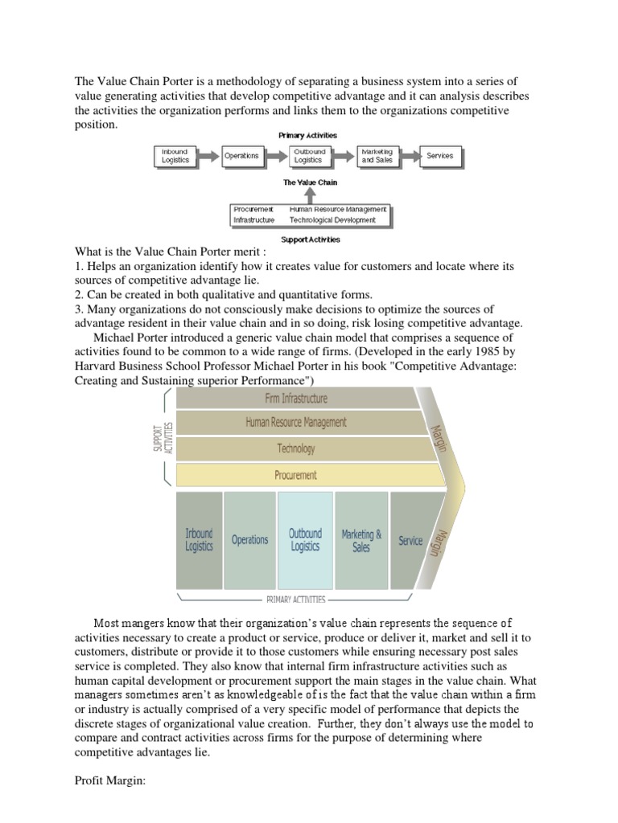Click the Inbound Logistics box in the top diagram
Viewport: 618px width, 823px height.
point(175,156)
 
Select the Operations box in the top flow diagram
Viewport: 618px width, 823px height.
point(241,156)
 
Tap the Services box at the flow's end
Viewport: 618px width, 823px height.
point(439,156)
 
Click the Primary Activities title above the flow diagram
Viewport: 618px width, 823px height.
point(307,136)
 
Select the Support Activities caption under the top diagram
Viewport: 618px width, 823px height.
point(310,239)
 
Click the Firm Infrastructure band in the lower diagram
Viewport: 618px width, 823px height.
point(296,398)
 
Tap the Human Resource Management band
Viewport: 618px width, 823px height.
point(296,422)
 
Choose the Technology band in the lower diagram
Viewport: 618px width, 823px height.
point(296,448)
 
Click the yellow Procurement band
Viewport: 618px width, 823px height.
point(296,475)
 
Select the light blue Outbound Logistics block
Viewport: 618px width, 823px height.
point(305,540)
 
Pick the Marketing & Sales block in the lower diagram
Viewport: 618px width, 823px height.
point(361,540)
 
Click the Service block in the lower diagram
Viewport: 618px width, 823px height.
point(410,540)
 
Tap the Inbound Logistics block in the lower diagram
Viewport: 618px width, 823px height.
point(199,540)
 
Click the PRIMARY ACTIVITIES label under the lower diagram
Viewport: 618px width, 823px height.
point(296,599)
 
